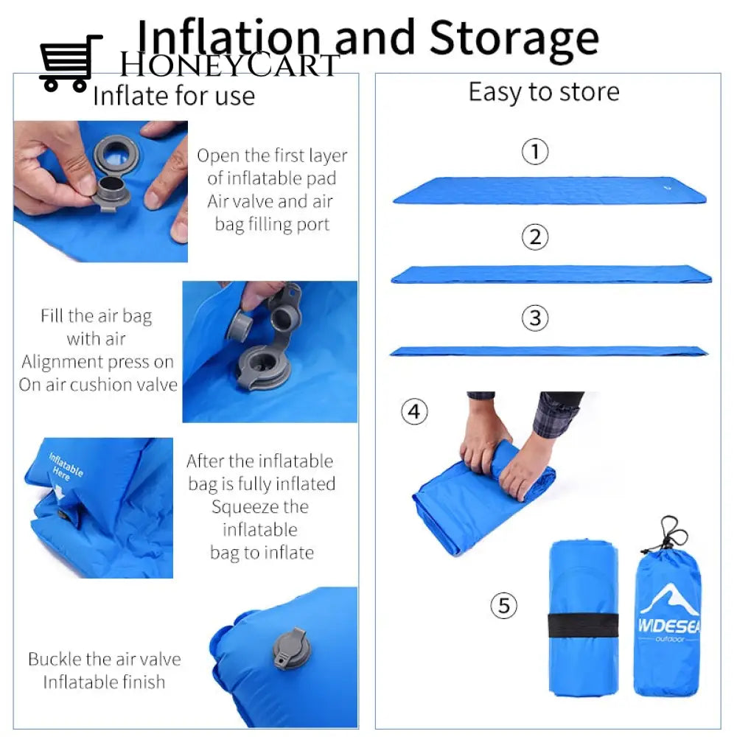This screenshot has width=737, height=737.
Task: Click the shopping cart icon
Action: click(70, 63)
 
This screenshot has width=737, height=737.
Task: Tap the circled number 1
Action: click(535, 153)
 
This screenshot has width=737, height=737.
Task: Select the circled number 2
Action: click(535, 237)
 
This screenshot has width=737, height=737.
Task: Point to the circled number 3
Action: click(535, 318)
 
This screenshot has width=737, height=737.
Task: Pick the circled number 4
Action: click(414, 412)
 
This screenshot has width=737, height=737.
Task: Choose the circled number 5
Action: click(504, 606)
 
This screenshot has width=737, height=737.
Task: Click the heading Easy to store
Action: click(544, 92)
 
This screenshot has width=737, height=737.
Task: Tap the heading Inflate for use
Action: click(174, 96)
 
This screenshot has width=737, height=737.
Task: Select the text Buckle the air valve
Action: click(104, 659)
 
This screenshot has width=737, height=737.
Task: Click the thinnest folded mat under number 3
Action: click(548, 351)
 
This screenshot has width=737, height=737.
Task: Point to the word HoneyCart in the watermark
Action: click(228, 65)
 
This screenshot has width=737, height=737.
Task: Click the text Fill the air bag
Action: click(96, 316)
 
